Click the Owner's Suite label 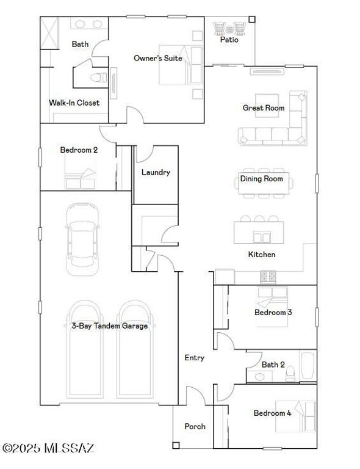pos(158,59)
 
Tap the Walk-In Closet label pos(74,103)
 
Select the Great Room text pos(264,108)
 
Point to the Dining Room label pos(261,179)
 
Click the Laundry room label pos(156,172)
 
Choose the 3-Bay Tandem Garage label pos(106,326)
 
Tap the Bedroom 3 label pos(273,313)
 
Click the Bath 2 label pos(273,365)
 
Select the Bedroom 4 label pos(273,413)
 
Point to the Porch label pos(195,426)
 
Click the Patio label pos(229,41)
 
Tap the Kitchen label pos(261,254)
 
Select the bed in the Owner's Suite pos(181,65)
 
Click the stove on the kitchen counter pos(268,275)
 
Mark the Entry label pos(194,358)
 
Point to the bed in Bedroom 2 pos(79,179)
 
